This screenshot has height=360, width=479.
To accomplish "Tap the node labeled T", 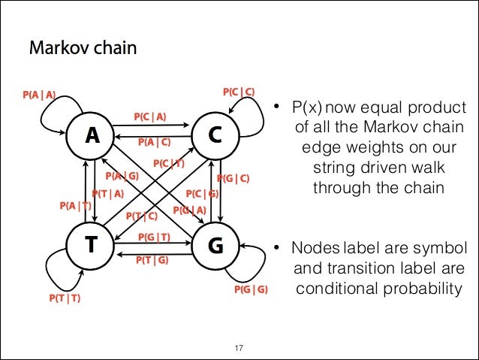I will click(x=92, y=244).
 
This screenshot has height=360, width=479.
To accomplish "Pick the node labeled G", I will click(x=215, y=244).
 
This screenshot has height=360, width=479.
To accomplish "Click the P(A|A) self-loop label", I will click(x=39, y=95).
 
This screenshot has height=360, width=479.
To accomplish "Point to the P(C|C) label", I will click(x=239, y=92).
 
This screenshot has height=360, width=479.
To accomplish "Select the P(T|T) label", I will click(x=65, y=298).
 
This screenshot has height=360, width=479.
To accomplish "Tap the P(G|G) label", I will click(x=250, y=289).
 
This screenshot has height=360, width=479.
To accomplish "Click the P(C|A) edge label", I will click(x=150, y=116).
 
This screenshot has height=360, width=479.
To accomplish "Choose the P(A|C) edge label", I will click(x=154, y=141).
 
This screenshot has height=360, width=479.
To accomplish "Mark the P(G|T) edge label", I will click(x=154, y=237).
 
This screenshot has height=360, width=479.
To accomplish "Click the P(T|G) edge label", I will click(x=151, y=261).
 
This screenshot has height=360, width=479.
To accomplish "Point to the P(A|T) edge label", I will click(x=74, y=205).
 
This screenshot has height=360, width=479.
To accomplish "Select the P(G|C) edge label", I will click(x=233, y=178).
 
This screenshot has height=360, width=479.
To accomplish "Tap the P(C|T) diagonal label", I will click(x=168, y=163).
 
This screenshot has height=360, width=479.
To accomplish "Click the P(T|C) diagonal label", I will click(x=141, y=216).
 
